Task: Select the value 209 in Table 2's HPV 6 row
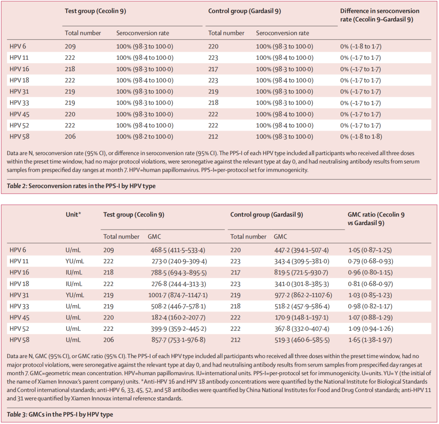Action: [x=70, y=46]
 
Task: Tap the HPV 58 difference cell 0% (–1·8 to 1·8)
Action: [x=361, y=137]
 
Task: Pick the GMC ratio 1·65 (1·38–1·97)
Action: [x=370, y=340]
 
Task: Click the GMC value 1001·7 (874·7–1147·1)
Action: [x=178, y=295]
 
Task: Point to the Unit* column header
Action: [x=73, y=215]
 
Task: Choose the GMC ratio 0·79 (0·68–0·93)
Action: [x=371, y=262]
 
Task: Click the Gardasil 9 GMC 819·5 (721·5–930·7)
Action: [x=301, y=273]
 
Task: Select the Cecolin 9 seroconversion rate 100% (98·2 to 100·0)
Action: [x=145, y=137]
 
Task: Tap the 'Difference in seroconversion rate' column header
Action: [x=380, y=15]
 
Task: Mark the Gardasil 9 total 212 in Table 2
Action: [x=213, y=137]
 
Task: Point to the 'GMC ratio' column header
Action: [x=376, y=219]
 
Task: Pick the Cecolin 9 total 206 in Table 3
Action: [x=109, y=340]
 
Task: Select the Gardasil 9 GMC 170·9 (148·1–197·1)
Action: [x=301, y=317]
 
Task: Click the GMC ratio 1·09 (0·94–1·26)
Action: [x=371, y=329]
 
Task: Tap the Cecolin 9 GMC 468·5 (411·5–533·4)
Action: [x=178, y=250]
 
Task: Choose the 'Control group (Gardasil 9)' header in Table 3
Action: [x=267, y=215]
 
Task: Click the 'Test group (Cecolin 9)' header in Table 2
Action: [x=96, y=11]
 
